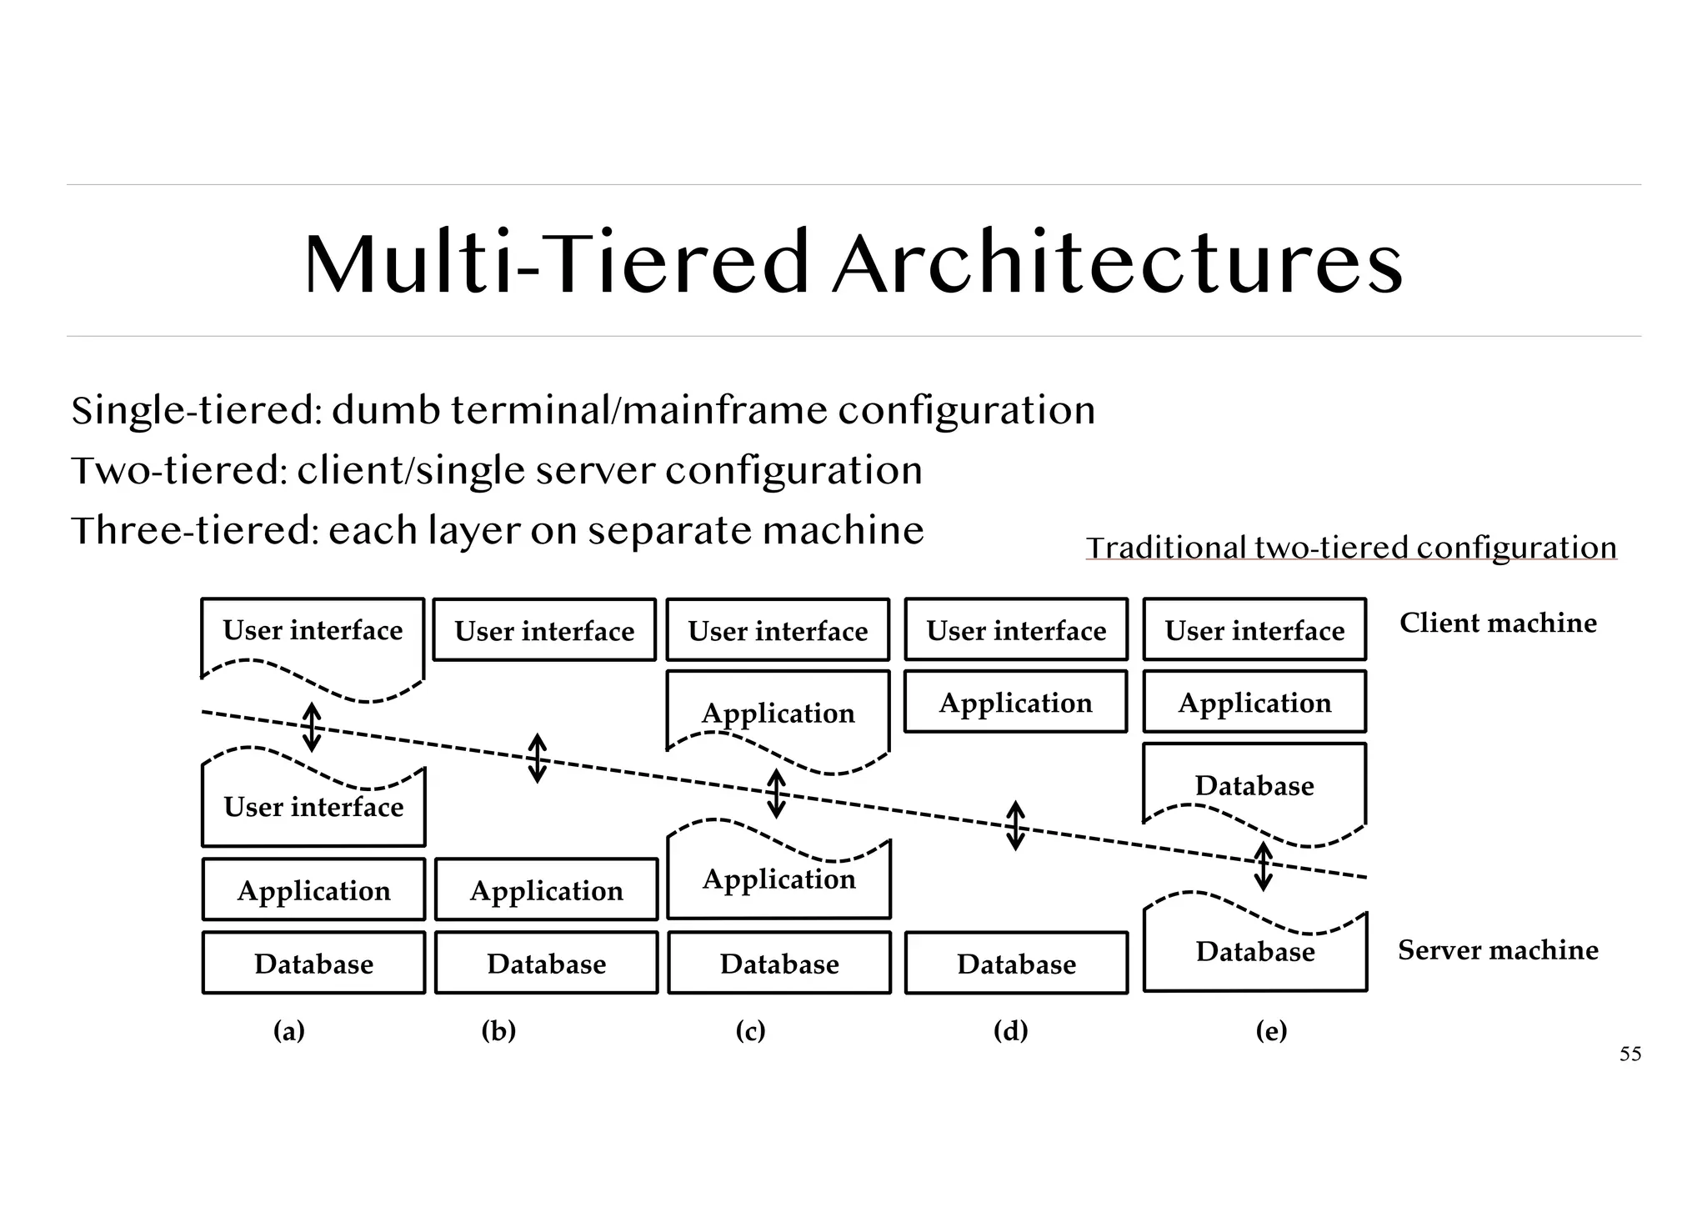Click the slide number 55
coord(1629,1054)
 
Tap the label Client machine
coord(1498,623)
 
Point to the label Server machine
coord(1498,949)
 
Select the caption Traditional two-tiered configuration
coord(1350,548)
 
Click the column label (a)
coord(289,1031)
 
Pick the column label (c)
coord(750,1031)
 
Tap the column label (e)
coord(1271,1031)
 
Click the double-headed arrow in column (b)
coord(538,758)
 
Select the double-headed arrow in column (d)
coord(1015,825)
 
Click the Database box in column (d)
coord(1016,964)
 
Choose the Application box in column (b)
coord(546,890)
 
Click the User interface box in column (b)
coord(544,631)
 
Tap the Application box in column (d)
coord(1015,703)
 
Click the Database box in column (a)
coord(313,964)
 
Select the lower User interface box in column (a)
coord(313,807)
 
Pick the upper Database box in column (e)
coord(1254,785)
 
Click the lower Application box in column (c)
coord(778,879)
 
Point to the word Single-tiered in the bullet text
coord(197,411)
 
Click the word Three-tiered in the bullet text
coord(195,531)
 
